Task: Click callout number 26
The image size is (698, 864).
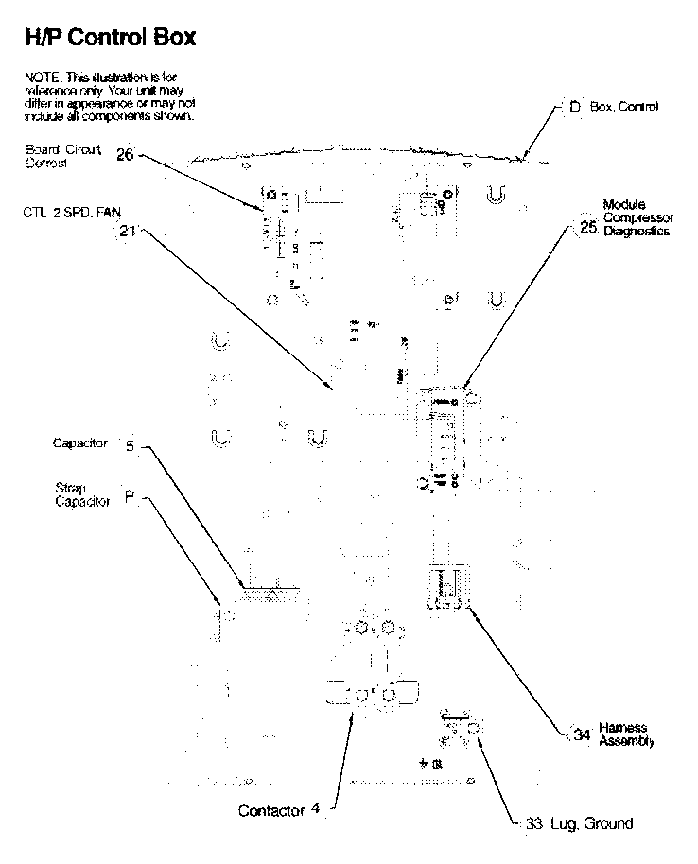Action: click(x=125, y=155)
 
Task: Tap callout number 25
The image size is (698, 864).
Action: click(x=588, y=227)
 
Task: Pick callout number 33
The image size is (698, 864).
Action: click(x=534, y=823)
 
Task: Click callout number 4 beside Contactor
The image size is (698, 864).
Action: click(x=316, y=809)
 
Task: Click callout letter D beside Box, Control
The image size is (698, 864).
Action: click(x=574, y=108)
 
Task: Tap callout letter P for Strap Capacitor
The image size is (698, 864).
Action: click(x=130, y=497)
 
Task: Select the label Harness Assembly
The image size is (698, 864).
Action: click(x=626, y=734)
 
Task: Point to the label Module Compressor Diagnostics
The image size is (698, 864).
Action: click(x=637, y=218)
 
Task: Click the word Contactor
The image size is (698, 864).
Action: click(x=271, y=810)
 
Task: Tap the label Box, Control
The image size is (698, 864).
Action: click(x=624, y=108)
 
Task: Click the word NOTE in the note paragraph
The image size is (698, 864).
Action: click(x=39, y=76)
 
